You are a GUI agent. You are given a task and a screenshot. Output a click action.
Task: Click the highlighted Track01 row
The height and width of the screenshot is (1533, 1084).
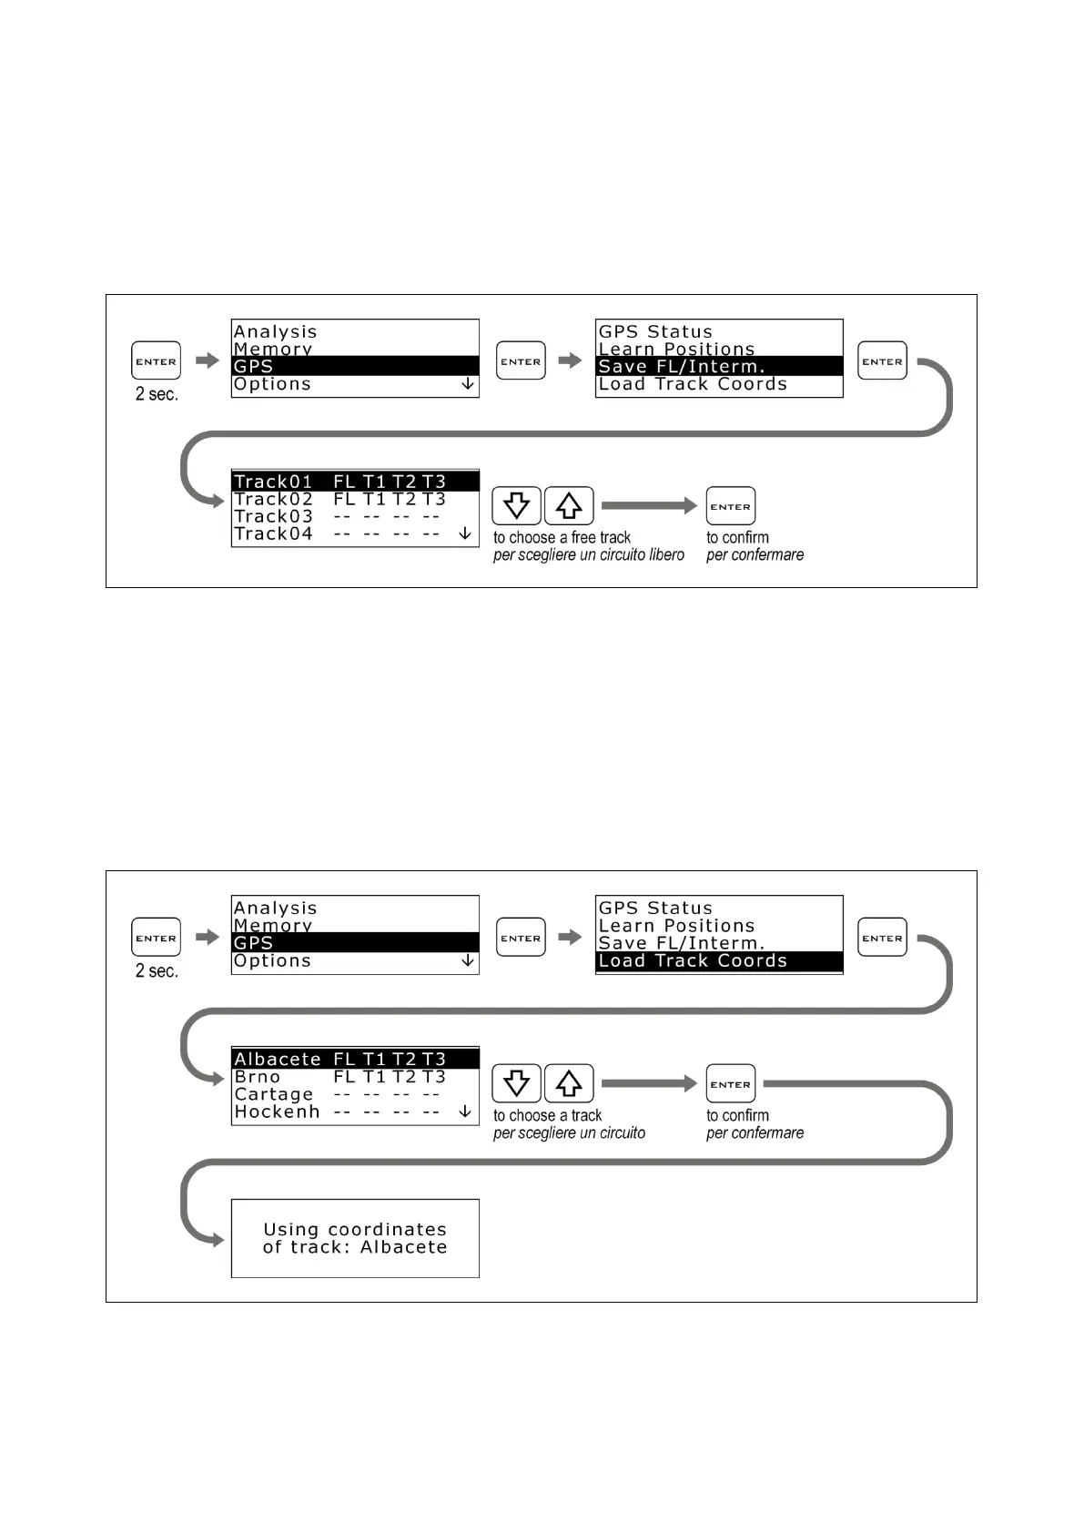point(355,482)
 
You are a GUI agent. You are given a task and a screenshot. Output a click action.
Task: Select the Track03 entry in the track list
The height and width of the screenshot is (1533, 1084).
point(273,517)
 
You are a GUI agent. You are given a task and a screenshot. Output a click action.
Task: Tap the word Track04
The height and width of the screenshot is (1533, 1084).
point(273,534)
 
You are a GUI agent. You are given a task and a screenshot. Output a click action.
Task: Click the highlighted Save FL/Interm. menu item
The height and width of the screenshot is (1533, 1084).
point(718,367)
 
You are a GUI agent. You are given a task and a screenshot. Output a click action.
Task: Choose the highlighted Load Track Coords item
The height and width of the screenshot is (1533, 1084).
point(718,961)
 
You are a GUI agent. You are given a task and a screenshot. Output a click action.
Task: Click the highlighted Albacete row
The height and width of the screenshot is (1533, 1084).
point(355,1059)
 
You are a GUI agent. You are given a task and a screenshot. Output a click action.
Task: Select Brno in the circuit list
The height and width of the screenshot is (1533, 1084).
point(258,1077)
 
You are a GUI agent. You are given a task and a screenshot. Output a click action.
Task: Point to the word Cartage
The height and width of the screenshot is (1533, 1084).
point(273,1094)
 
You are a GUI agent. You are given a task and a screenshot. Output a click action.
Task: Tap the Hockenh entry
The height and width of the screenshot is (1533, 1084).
point(277,1112)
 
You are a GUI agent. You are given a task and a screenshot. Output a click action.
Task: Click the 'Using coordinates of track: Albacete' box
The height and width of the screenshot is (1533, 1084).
point(355,1238)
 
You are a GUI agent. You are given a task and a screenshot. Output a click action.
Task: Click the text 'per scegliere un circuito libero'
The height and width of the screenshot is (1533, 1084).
point(588,555)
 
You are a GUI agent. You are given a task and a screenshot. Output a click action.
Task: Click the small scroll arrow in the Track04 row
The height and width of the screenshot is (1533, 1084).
point(465,533)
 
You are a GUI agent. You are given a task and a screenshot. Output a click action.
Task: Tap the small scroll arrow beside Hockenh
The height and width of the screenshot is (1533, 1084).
point(465,1112)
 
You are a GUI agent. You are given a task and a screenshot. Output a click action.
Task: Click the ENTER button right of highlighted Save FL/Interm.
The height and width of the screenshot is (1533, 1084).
point(882,361)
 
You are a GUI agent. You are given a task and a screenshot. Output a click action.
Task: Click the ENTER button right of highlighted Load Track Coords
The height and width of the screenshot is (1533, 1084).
point(882,938)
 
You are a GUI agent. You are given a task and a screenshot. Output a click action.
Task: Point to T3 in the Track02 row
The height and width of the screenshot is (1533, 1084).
point(433,500)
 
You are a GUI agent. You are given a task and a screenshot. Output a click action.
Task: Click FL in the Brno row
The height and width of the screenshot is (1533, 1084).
point(344,1077)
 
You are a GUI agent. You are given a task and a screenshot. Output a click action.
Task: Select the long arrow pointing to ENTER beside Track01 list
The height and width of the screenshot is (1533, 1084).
point(648,505)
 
